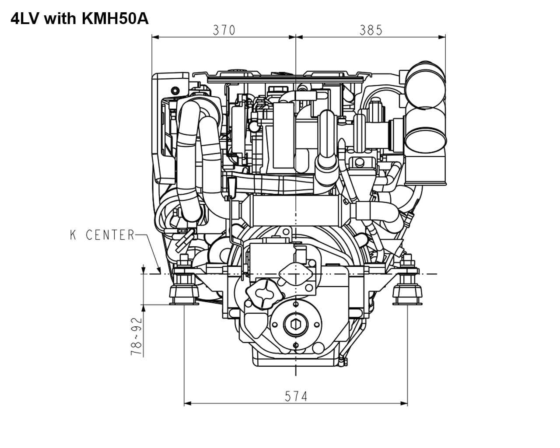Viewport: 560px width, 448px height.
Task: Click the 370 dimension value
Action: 224,30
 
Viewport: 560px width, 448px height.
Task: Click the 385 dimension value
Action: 371,30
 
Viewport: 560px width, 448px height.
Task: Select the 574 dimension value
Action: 296,396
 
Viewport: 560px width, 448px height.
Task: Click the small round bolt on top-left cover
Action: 175,90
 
